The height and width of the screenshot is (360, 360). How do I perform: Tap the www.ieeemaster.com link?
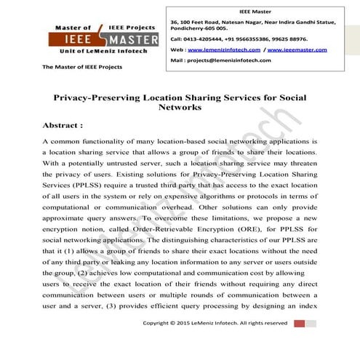click(x=292, y=49)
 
